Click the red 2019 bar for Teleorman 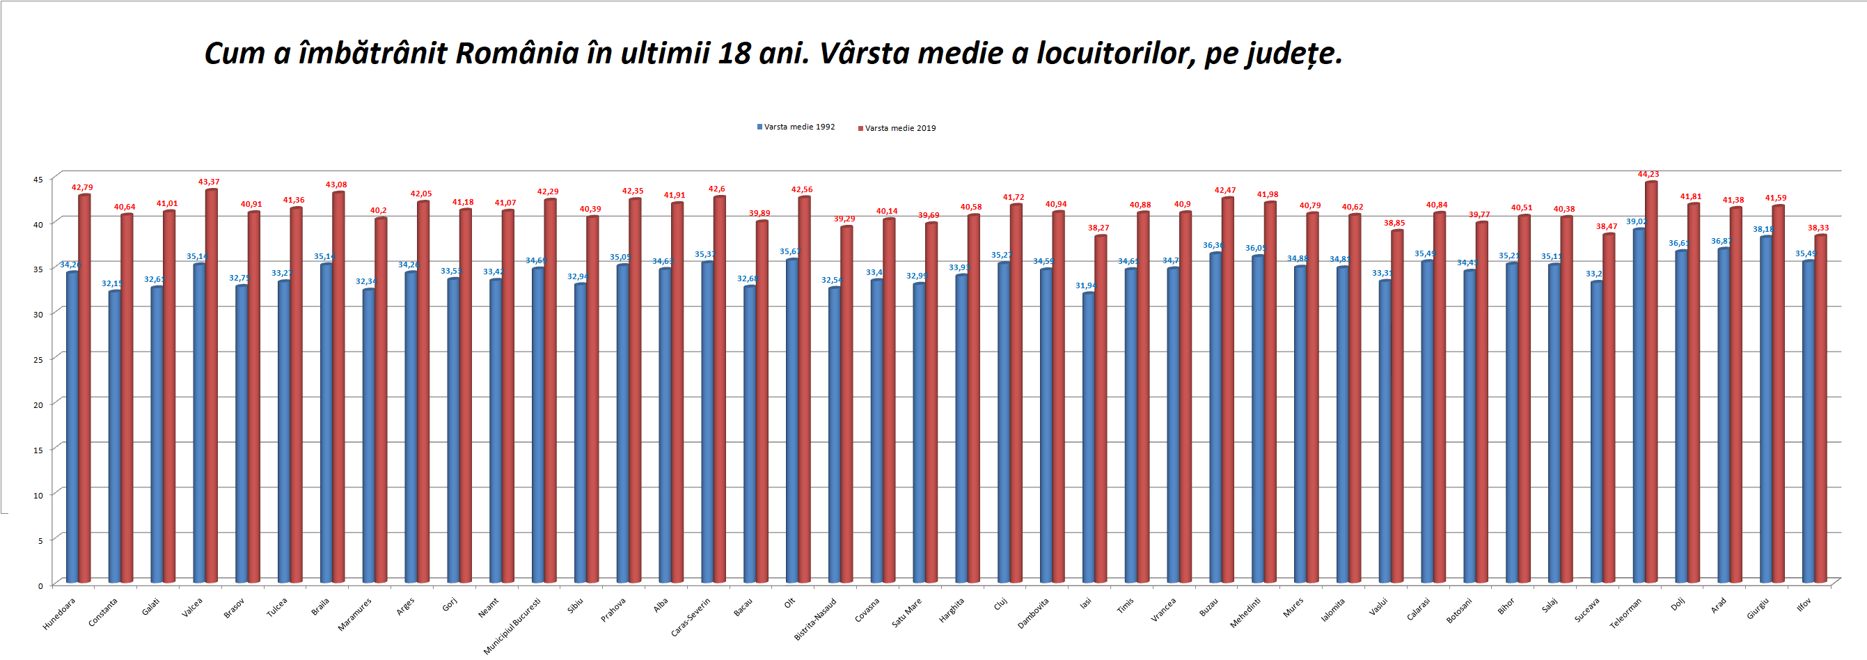pyautogui.click(x=1651, y=384)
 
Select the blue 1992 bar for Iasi pyautogui.click(x=1088, y=439)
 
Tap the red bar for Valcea pyautogui.click(x=212, y=387)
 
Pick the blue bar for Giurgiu pyautogui.click(x=1765, y=410)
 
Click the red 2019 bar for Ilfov pyautogui.click(x=1820, y=409)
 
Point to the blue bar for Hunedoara pyautogui.click(x=72, y=427)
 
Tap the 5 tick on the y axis pyautogui.click(x=40, y=540)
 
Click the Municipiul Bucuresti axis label pyautogui.click(x=512, y=625)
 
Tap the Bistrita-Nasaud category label pyautogui.click(x=815, y=619)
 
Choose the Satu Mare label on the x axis pyautogui.click(x=906, y=612)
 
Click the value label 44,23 pyautogui.click(x=1648, y=174)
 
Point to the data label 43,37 pyautogui.click(x=209, y=182)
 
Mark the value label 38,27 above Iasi pyautogui.click(x=1098, y=228)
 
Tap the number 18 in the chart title pyautogui.click(x=734, y=54)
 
